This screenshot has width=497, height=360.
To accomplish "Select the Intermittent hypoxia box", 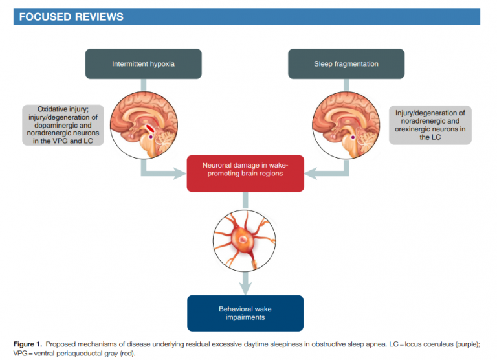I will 143,64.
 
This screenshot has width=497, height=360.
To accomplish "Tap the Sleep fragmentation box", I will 346,64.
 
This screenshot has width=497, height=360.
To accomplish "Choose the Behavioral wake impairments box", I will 245,313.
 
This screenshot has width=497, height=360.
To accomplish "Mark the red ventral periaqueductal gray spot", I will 150,127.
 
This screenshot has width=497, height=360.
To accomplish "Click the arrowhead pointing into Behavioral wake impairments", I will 245,287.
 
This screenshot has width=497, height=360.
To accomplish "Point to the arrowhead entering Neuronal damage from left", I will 179,173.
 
